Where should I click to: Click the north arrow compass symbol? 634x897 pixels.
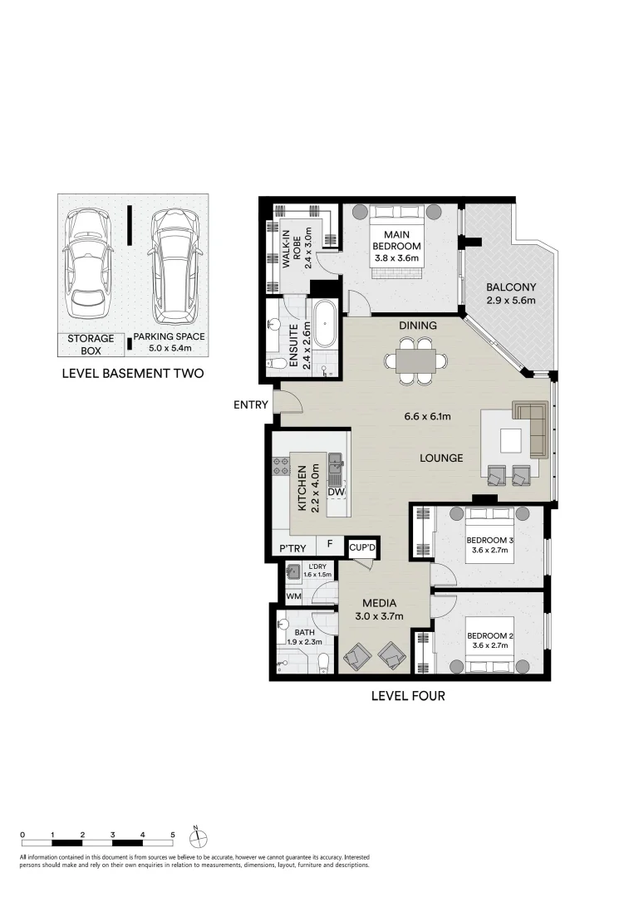pos(196,837)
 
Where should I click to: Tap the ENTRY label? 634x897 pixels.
pos(251,405)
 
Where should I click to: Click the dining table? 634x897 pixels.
pos(413,361)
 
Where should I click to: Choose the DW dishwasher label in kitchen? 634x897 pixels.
pos(337,493)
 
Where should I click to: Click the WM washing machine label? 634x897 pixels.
pos(292,596)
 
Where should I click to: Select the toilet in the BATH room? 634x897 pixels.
pos(324,661)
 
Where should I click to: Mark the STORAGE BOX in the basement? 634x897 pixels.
pos(91,344)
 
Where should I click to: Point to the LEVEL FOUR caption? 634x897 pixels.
pos(407,696)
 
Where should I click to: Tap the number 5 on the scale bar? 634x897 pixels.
pos(173,834)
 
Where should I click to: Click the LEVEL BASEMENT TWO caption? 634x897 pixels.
pos(133,374)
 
